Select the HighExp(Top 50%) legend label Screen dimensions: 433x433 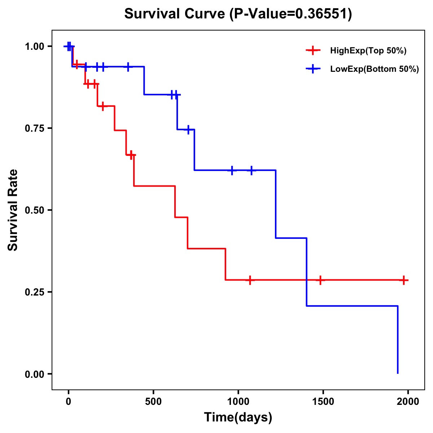point(368,51)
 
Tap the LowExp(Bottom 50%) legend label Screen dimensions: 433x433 point(374,69)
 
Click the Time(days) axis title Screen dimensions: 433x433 point(238,417)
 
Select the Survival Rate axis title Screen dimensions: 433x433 point(13,210)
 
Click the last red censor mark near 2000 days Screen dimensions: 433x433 point(404,280)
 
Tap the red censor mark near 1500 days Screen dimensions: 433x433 point(320,280)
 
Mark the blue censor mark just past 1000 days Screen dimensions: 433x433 point(251,170)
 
